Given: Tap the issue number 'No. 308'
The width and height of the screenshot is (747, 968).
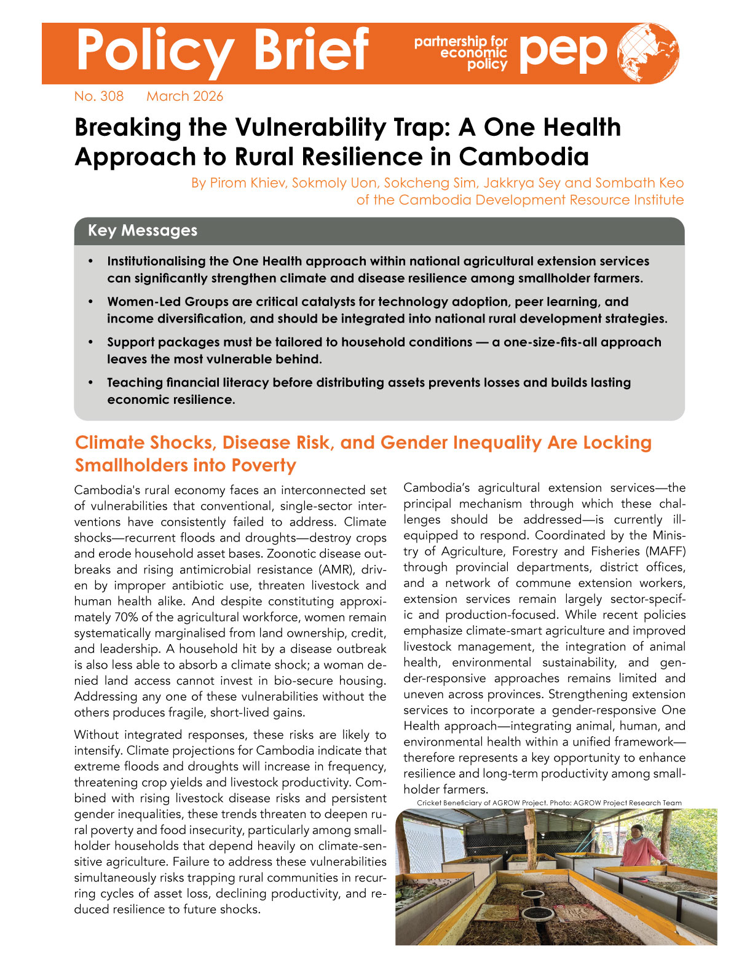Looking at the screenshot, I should click(98, 96).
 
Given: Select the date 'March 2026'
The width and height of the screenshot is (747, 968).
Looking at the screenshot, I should click(184, 96).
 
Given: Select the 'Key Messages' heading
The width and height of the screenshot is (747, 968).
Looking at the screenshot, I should click(143, 230).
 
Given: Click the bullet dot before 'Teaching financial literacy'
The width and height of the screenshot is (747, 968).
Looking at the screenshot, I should click(91, 383).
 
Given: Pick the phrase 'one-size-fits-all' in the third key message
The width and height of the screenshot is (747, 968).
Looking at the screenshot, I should click(550, 342).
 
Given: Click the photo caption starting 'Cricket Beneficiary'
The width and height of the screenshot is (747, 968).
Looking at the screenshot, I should click(549, 803).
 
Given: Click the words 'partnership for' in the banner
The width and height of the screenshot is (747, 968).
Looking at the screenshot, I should click(460, 42).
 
